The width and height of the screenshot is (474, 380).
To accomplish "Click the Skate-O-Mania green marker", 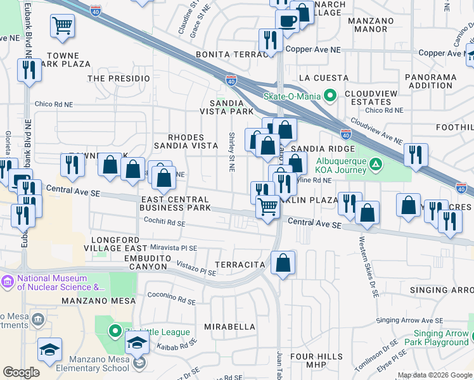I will [x=330, y=97].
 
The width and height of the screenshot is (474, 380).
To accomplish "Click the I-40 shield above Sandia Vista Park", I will [x=231, y=80].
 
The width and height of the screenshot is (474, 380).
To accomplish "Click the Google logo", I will [x=21, y=372].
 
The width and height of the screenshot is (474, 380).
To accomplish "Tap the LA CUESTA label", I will [x=323, y=77].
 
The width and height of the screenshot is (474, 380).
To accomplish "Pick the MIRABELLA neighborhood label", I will [x=229, y=327].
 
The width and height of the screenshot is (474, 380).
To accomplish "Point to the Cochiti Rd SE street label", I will [x=163, y=224].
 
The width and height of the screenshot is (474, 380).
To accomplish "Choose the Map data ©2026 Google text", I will [x=434, y=375].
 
